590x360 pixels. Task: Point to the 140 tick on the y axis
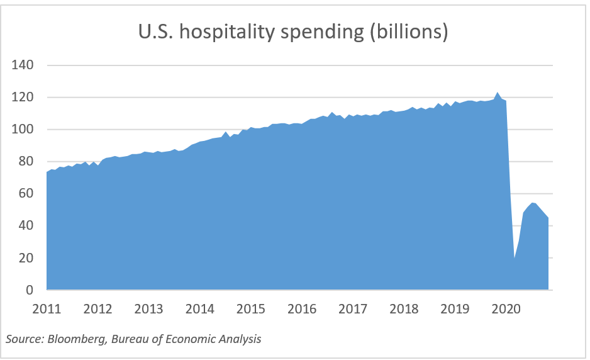[x=23, y=65]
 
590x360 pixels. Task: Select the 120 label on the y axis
[x=23, y=98]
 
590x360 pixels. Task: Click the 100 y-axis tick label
[x=23, y=130]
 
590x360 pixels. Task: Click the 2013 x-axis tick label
[x=148, y=309]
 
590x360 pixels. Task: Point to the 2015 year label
[x=250, y=309]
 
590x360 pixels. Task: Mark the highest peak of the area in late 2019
[x=498, y=93]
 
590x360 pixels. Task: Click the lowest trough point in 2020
[x=515, y=258]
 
